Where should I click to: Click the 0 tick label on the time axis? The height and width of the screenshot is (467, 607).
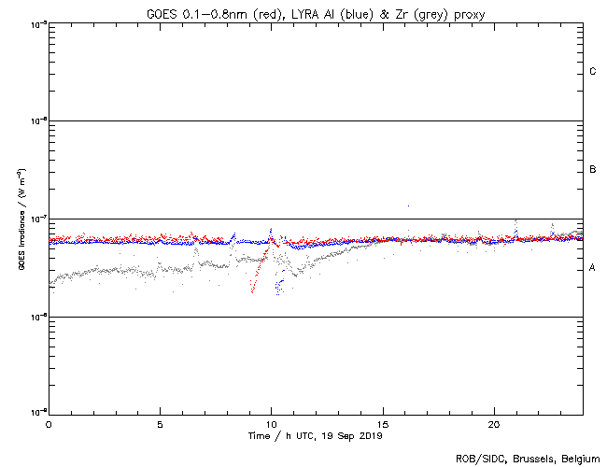tap(49, 424)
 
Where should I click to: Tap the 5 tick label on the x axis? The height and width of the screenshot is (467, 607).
tap(160, 424)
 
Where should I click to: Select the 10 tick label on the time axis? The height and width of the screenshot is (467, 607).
tap(271, 424)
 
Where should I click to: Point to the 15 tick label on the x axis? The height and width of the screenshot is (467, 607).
tap(383, 424)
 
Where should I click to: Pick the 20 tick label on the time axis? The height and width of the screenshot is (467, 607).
tap(494, 424)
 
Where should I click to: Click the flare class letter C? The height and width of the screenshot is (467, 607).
tap(593, 72)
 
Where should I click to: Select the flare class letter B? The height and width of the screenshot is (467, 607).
tap(593, 170)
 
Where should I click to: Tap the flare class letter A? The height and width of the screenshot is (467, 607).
tap(593, 268)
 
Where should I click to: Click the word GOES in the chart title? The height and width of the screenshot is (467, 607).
tap(162, 14)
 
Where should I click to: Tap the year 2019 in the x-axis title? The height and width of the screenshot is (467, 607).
tap(369, 436)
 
